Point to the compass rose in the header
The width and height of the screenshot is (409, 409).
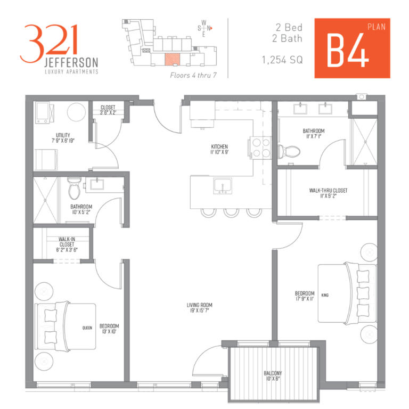point(204,28)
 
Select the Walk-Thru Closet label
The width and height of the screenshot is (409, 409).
point(328,193)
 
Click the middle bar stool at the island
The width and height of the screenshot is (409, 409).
point(231,211)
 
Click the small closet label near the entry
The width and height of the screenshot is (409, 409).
point(108,110)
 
